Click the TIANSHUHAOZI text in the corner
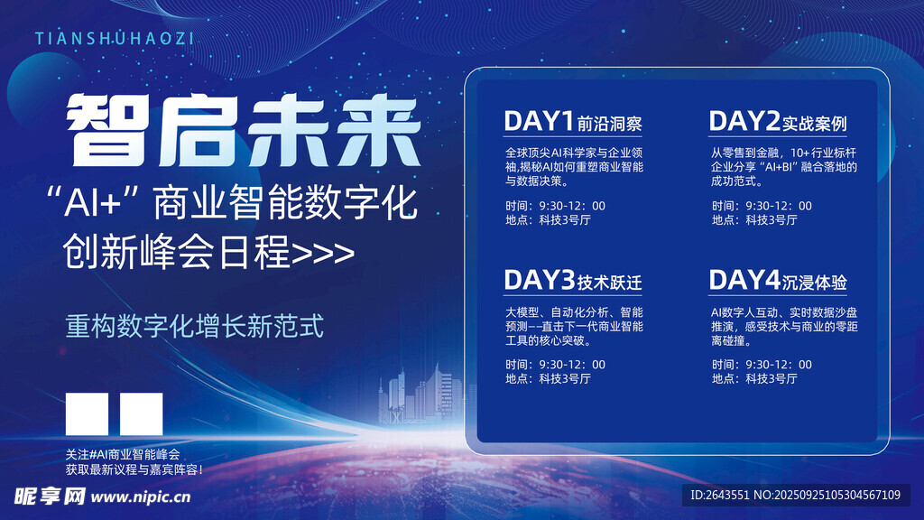click(115, 39)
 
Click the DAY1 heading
click(539, 122)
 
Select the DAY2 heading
click(744, 122)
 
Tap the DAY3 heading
click(540, 280)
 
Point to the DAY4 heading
click(744, 280)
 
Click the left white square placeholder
click(88, 413)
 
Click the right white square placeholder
click(142, 413)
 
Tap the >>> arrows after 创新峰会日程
click(324, 254)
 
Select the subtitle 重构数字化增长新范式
click(195, 327)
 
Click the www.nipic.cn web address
click(141, 497)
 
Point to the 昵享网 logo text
click(50, 497)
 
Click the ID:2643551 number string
click(719, 495)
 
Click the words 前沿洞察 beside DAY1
click(609, 124)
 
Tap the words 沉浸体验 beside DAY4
click(815, 283)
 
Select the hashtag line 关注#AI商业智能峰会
click(123, 455)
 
